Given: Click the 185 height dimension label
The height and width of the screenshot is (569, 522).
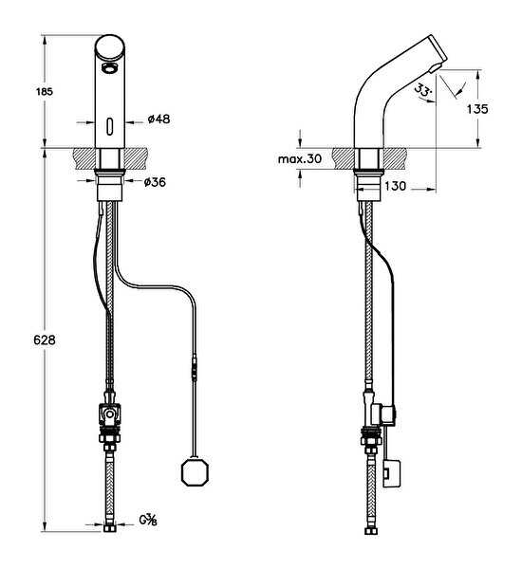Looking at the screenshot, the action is click(x=45, y=91).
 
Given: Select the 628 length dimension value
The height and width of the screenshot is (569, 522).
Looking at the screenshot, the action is click(x=45, y=340).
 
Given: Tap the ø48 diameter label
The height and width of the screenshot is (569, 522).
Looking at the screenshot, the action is click(x=158, y=119).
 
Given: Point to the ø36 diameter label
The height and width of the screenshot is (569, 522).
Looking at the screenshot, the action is click(x=155, y=182).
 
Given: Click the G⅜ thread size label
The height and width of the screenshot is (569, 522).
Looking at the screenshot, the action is click(x=148, y=520).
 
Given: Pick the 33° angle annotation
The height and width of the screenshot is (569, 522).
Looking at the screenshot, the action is click(x=423, y=90).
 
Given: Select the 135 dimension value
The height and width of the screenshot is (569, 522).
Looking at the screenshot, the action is click(x=477, y=109).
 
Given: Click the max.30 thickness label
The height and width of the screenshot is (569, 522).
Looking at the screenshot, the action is click(x=300, y=159).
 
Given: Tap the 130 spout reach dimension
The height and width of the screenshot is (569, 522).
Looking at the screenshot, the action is click(x=395, y=186).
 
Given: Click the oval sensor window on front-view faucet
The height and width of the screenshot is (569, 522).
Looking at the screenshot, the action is click(x=110, y=127).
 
